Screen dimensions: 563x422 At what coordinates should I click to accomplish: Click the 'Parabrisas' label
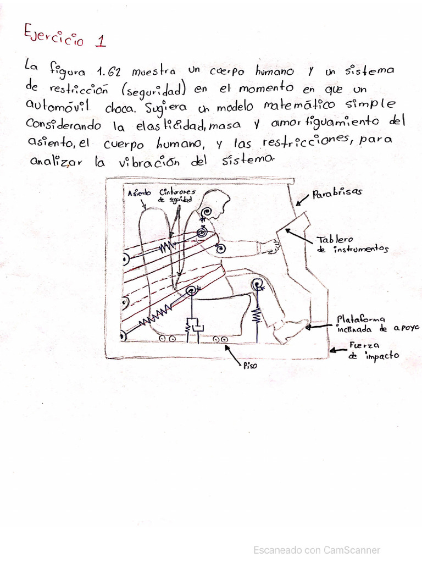[x=337, y=194]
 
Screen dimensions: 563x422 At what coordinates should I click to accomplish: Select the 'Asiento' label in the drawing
[x=139, y=193]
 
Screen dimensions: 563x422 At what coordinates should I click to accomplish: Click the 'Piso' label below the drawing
[x=250, y=365]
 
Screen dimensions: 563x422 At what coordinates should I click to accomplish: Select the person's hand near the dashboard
[x=271, y=246]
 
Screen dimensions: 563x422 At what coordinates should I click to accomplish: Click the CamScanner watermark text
[x=316, y=550]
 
